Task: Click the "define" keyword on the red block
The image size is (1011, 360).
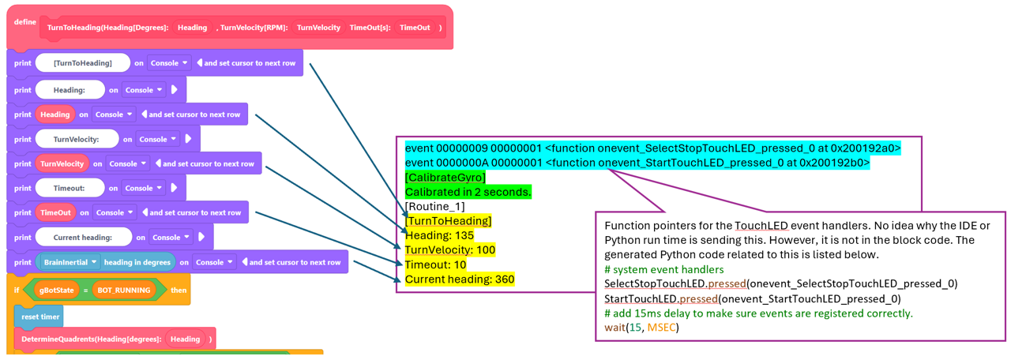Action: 24,21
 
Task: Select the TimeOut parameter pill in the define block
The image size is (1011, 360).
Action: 415,28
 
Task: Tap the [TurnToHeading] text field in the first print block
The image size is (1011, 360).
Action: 83,63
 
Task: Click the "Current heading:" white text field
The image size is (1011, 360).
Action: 83,238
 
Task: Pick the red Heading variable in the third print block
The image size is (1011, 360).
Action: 55,114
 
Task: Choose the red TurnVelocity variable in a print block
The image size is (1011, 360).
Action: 62,163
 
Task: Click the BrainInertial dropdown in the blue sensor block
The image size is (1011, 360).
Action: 70,262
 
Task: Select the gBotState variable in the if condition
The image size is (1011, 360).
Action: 56,290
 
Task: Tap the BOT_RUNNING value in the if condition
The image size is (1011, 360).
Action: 124,290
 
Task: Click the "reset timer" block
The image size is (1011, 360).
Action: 39,317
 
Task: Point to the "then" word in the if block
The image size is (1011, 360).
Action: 179,290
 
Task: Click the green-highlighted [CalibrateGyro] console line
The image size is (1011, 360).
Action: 445,178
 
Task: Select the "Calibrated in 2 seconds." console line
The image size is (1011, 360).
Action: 468,192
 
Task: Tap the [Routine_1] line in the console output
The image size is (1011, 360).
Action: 434,206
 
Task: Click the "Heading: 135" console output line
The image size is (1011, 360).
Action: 440,235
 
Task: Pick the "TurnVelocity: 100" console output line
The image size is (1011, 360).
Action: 450,249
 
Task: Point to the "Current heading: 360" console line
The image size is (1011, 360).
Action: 460,279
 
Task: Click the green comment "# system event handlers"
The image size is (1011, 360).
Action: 664,269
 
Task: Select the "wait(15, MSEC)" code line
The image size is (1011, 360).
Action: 642,327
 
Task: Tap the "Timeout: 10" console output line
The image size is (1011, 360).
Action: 435,264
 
